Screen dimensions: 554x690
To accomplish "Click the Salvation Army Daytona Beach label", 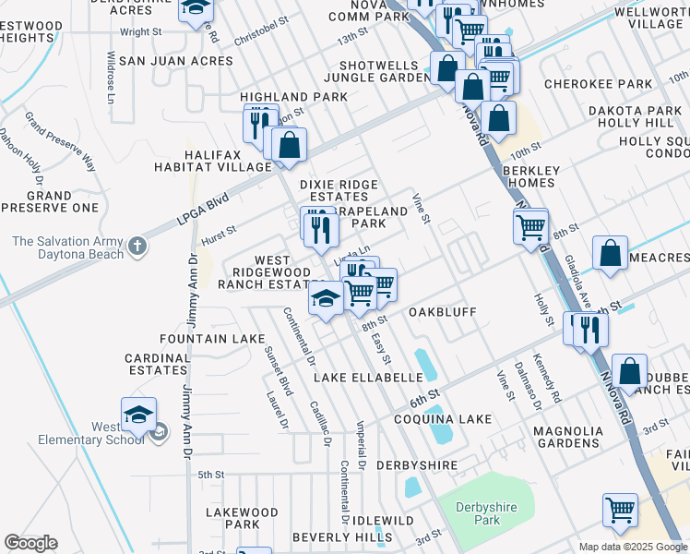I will point(67,247).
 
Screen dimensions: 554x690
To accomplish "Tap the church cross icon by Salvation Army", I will point(137,246).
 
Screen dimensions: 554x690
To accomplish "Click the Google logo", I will point(30,543).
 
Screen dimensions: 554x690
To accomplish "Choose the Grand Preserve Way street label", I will point(60,141).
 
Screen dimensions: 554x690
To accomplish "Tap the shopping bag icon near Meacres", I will point(611,252).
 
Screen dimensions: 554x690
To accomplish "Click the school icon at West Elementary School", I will point(138,415).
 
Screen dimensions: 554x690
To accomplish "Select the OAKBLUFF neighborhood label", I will point(442,312).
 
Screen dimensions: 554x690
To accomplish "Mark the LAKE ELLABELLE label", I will point(367,378).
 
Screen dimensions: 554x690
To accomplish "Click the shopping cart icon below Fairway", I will point(620,509).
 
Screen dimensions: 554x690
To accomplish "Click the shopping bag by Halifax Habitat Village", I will point(289,145).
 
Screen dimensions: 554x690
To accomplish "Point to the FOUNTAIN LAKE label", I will point(212,339).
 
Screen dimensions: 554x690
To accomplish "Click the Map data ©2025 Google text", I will point(632,547).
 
